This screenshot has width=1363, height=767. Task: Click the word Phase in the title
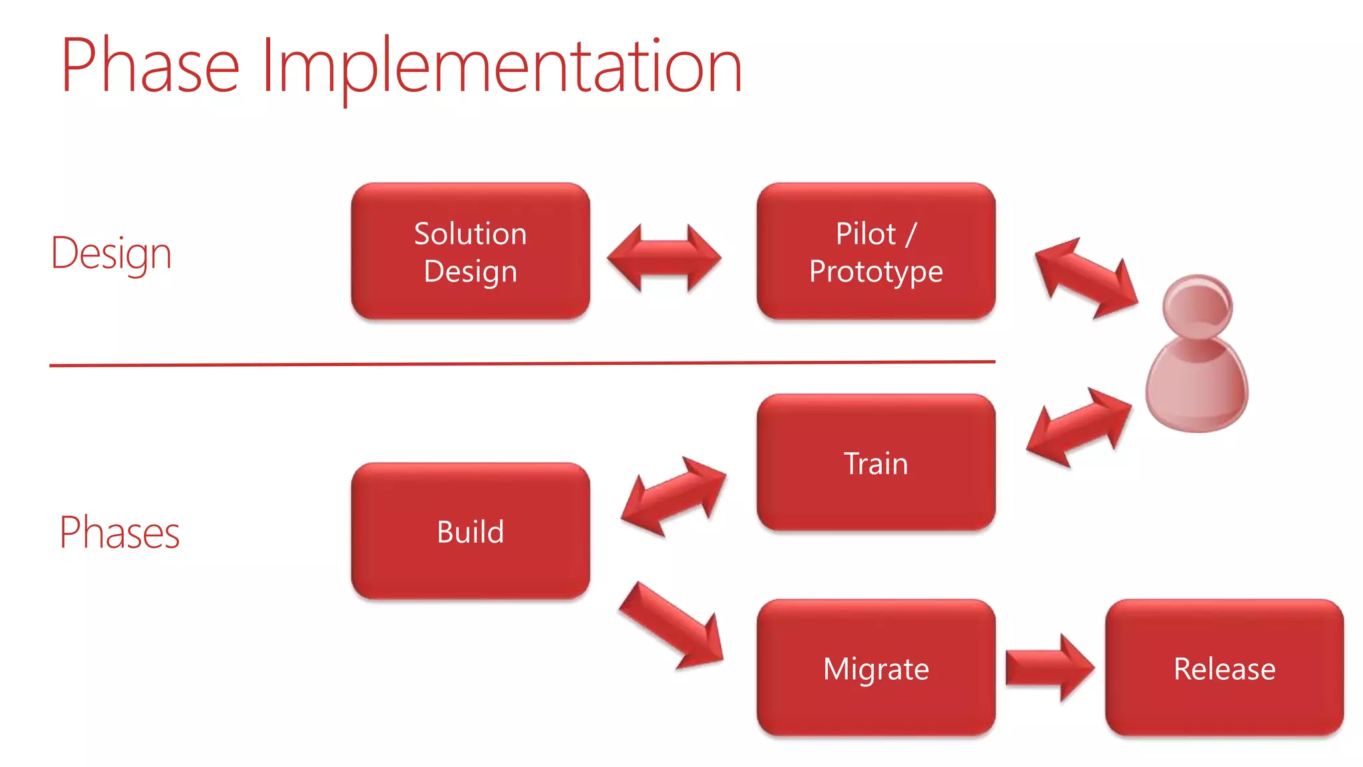tap(150, 67)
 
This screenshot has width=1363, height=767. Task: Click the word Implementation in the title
tap(502, 67)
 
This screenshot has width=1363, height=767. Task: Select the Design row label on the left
tap(111, 254)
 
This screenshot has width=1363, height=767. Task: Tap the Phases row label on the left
tap(120, 533)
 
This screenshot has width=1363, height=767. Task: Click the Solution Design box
tap(471, 252)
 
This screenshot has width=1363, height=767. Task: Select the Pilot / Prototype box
tap(876, 252)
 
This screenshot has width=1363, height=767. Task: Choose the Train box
tap(876, 463)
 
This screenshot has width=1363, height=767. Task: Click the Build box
tap(471, 531)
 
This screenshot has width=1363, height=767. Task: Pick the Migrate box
tap(876, 668)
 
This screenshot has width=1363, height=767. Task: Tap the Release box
tap(1225, 668)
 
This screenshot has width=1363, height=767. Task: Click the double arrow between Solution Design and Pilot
tap(664, 258)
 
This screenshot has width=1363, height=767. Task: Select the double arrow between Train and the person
tap(1079, 427)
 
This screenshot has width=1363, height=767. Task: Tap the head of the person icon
tap(1198, 306)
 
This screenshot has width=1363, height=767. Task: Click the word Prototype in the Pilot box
tap(876, 272)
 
